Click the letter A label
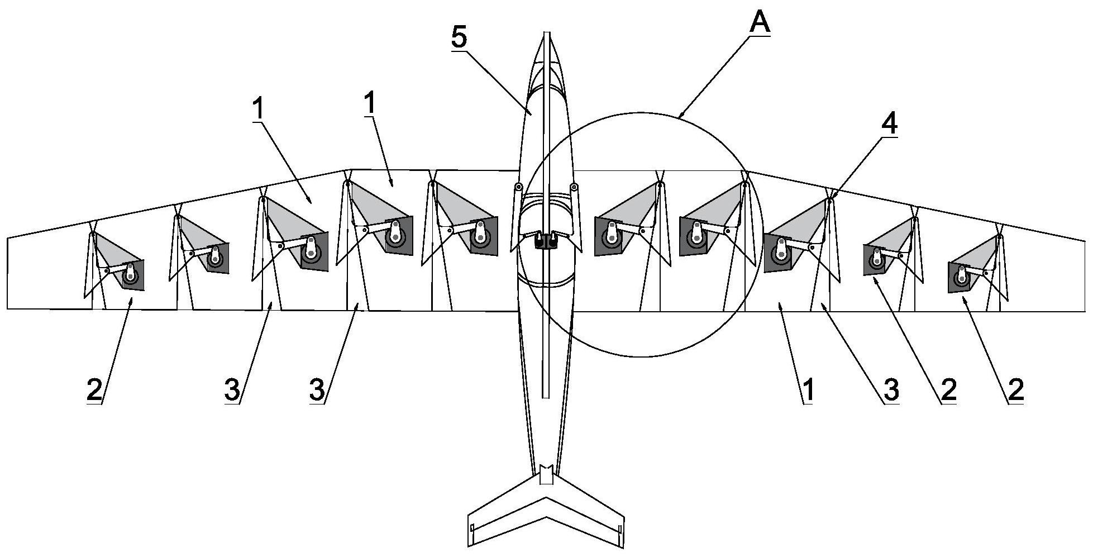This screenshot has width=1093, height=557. pyautogui.click(x=760, y=22)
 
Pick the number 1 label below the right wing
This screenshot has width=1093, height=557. pyautogui.click(x=808, y=390)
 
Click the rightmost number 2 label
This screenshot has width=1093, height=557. pyautogui.click(x=1015, y=390)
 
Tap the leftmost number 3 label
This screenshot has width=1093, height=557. pyautogui.click(x=233, y=390)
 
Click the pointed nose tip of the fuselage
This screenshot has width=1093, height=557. pyautogui.click(x=547, y=32)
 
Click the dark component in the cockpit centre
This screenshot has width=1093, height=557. pyautogui.click(x=546, y=241)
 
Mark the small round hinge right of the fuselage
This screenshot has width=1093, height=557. pyautogui.click(x=574, y=187)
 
